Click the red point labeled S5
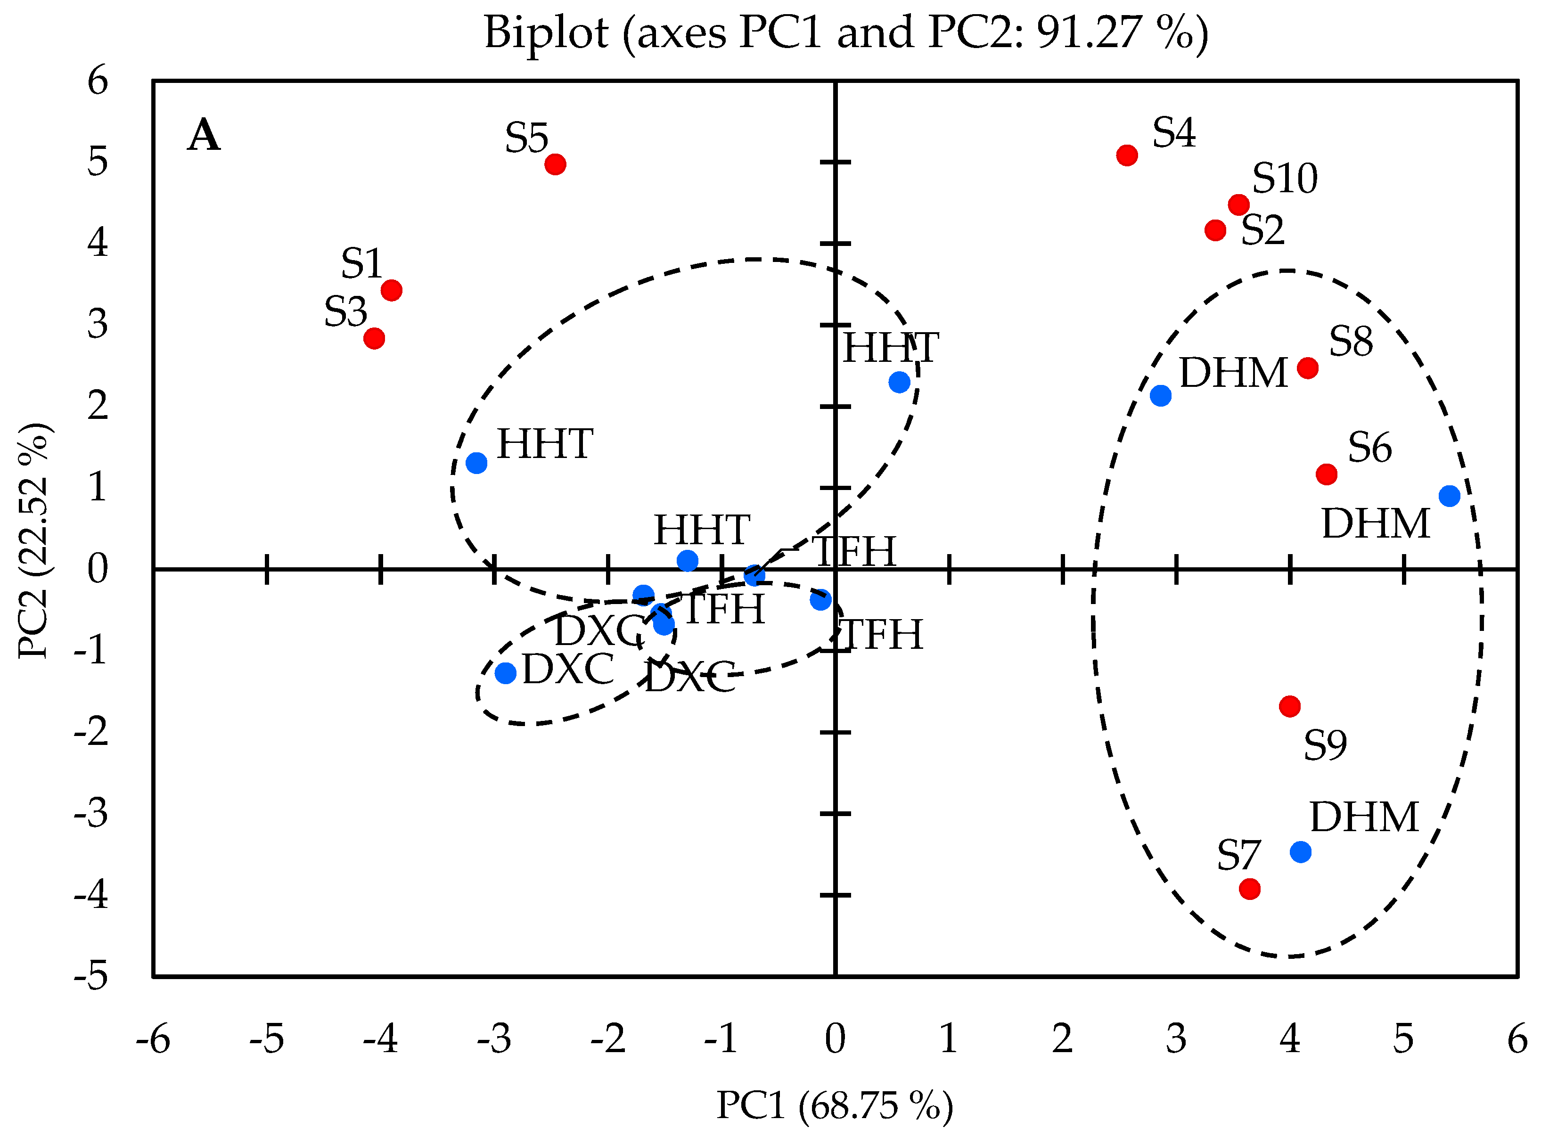click(555, 164)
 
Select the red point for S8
click(1307, 368)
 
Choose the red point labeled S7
click(1249, 889)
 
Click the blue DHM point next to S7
click(1300, 852)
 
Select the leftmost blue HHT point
click(476, 463)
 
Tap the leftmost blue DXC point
click(505, 672)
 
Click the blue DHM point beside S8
click(1161, 395)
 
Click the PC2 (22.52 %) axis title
click(33, 541)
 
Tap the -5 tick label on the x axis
click(266, 1039)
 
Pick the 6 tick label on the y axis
click(98, 81)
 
